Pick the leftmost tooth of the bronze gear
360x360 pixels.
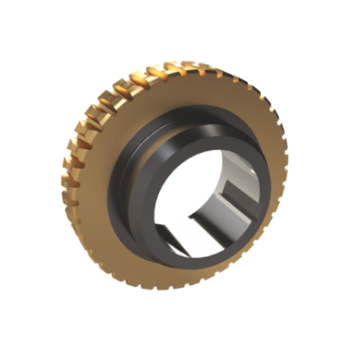(x=66, y=185)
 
